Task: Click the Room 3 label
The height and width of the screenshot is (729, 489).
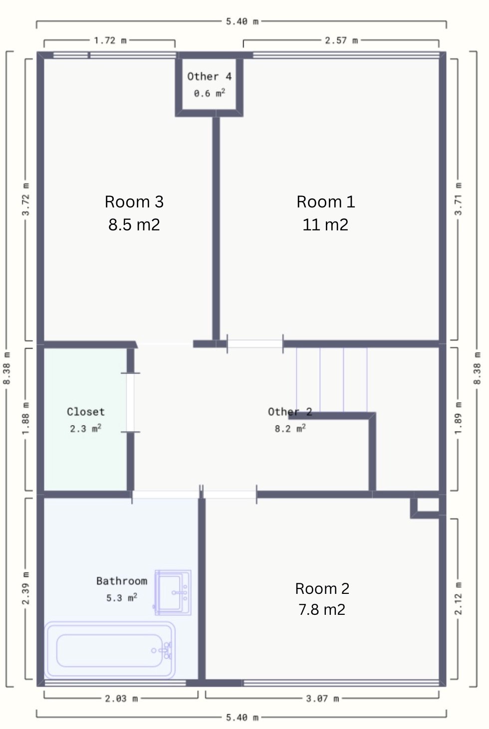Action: click(x=134, y=202)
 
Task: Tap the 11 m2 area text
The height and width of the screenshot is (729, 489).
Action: click(x=325, y=224)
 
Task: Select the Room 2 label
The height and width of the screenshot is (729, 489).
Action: click(x=322, y=588)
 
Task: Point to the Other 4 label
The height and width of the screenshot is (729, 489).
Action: click(x=210, y=76)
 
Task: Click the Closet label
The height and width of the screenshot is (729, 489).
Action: click(x=86, y=412)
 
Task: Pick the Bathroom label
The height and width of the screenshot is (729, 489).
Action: click(x=122, y=581)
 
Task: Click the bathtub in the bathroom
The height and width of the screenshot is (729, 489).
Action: click(x=110, y=650)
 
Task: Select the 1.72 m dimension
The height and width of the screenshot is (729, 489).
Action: click(x=110, y=40)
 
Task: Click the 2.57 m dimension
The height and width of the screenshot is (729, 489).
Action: click(x=341, y=40)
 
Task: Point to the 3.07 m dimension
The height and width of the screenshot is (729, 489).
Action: click(x=322, y=699)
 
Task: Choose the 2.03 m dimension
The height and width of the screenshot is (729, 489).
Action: click(x=121, y=699)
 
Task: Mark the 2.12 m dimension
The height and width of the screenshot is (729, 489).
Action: click(x=458, y=599)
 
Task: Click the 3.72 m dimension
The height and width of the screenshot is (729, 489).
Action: click(x=26, y=199)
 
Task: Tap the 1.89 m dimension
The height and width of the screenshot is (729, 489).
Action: click(x=458, y=418)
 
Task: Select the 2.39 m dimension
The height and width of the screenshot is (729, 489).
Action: click(x=26, y=588)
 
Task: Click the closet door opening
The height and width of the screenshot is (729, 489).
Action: click(x=130, y=402)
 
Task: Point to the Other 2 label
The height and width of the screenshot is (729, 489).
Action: click(x=290, y=412)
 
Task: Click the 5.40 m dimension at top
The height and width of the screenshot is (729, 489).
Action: click(x=242, y=21)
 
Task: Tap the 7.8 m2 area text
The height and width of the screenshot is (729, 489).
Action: click(x=322, y=609)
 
